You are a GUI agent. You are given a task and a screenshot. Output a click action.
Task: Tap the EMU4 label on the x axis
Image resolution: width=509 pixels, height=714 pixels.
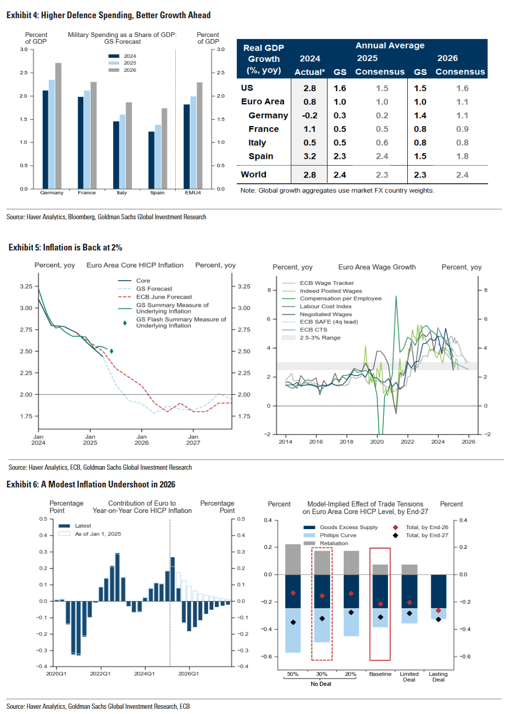tap(193, 193)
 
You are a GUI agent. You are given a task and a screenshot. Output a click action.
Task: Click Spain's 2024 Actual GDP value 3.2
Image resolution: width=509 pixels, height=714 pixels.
tap(310, 156)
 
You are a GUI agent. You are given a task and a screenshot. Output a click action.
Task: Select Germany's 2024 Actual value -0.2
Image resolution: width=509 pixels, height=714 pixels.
tap(310, 116)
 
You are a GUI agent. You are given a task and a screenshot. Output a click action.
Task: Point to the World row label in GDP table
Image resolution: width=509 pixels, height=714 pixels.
tap(253, 174)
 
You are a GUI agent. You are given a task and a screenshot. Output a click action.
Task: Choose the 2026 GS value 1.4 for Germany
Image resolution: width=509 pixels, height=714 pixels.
tap(420, 116)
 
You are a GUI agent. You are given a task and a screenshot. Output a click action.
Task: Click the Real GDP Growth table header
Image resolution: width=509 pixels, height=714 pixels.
tap(264, 59)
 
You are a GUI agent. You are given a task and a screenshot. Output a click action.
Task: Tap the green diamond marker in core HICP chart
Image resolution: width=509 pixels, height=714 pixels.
tap(112, 351)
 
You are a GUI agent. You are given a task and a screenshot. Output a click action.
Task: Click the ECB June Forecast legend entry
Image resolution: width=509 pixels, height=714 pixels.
tap(164, 297)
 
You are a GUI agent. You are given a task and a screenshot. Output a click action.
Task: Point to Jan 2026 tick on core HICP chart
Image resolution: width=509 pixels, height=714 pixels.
tap(141, 440)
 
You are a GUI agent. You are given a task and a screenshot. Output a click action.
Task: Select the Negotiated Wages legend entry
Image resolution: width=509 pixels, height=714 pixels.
tap(325, 314)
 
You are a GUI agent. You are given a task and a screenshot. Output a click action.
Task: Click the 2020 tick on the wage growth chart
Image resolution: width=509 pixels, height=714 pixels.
tap(377, 442)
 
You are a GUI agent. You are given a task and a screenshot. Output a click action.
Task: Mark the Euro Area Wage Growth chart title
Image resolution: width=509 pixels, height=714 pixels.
tap(377, 267)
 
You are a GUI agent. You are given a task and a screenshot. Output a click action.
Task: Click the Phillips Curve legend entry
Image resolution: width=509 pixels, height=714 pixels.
tap(337, 535)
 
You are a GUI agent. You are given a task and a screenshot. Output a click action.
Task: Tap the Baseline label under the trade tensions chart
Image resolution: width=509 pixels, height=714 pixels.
tap(380, 674)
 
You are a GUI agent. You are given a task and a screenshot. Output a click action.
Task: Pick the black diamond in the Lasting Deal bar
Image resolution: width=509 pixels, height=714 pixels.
tap(439, 619)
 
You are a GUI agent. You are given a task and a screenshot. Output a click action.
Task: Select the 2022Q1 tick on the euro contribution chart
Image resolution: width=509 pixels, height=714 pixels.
tap(100, 673)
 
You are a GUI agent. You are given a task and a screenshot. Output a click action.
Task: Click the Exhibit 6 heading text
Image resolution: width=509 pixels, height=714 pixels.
tap(91, 484)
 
